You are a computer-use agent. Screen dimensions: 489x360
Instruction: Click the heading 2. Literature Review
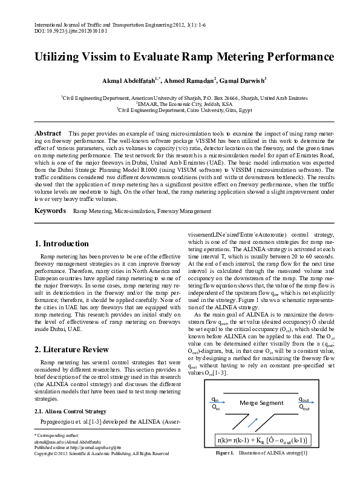coord(72,350)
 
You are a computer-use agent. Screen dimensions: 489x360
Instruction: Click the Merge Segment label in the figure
coord(261,402)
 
